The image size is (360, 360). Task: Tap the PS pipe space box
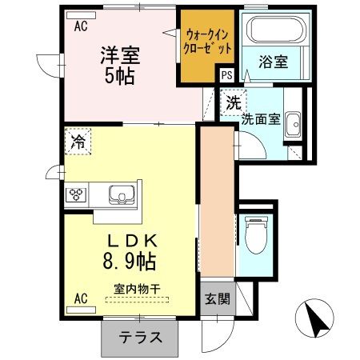(x=226, y=74)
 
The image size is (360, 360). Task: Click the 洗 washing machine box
(x=232, y=103)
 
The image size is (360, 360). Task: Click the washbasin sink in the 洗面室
(x=294, y=124)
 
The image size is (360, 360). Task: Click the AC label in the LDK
(x=81, y=299)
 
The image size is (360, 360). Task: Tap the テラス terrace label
(x=139, y=337)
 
